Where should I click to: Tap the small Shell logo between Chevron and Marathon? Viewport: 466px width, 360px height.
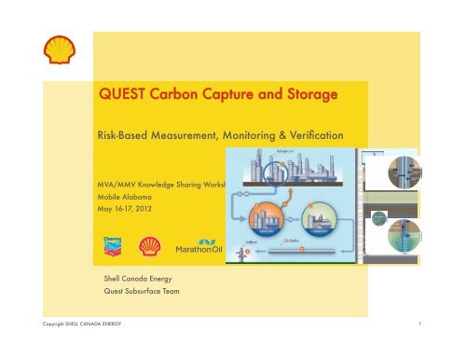tap(148, 247)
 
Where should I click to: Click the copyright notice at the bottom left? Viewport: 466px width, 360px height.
tap(62, 349)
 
